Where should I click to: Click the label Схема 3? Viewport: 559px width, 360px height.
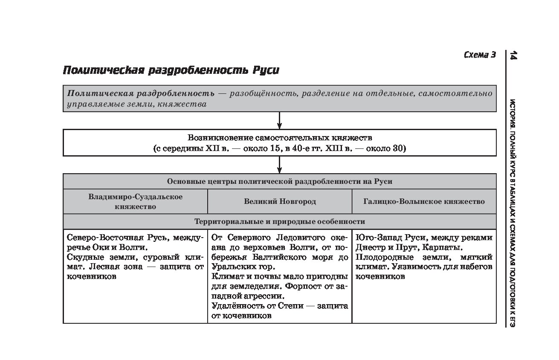tap(480, 55)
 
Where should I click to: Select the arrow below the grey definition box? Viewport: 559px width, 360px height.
tap(279, 120)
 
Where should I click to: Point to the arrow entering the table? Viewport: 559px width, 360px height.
tap(279, 165)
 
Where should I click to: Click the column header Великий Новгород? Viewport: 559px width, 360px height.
tap(280, 201)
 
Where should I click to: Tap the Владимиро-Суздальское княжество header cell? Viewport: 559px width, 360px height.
tap(135, 201)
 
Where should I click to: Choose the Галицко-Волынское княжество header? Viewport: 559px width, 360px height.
tap(424, 201)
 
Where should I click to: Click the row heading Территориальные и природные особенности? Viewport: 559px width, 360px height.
tap(280, 221)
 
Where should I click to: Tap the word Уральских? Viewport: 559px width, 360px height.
tap(231, 267)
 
